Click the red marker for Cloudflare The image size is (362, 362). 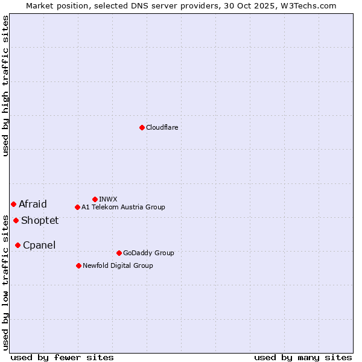(x=142, y=127)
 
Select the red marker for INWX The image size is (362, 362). (x=95, y=199)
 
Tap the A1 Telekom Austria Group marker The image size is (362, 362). (x=77, y=207)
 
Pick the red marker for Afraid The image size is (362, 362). (x=13, y=204)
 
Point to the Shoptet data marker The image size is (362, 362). (x=16, y=220)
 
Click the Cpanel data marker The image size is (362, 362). (x=17, y=245)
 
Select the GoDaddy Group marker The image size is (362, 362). (x=119, y=253)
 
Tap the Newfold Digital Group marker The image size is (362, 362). (x=78, y=265)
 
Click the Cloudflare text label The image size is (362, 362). (x=162, y=127)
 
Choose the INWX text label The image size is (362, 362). (x=108, y=199)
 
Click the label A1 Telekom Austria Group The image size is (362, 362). (x=123, y=207)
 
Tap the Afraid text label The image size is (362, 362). (x=33, y=204)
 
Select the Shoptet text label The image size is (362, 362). (x=40, y=220)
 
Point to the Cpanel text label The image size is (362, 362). (x=39, y=245)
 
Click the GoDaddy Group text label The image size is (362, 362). (x=148, y=253)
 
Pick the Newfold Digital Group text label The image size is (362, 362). (x=118, y=265)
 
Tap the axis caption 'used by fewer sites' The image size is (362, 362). (x=62, y=357)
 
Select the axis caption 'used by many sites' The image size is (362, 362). (x=303, y=357)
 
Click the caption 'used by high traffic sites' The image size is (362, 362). (x=5, y=86)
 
